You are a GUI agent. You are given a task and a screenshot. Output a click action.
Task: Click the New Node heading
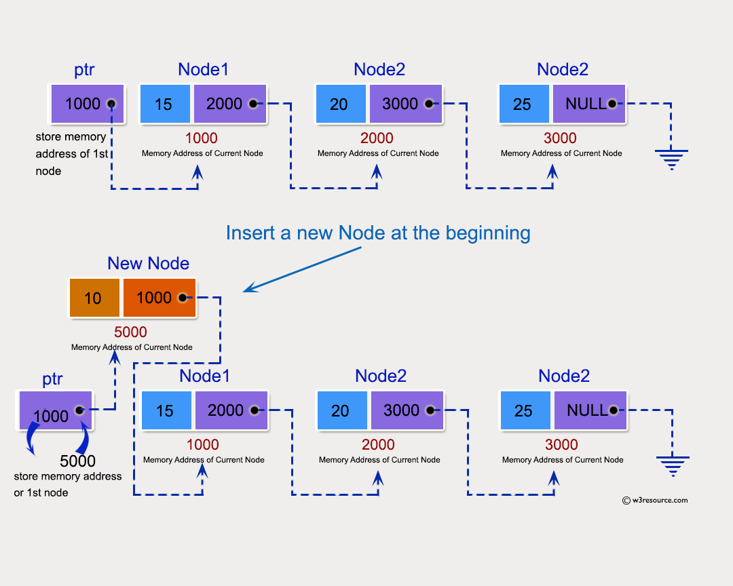148,263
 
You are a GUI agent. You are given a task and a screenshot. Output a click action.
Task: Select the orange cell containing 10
94,298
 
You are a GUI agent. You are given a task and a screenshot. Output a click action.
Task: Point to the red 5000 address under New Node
130,332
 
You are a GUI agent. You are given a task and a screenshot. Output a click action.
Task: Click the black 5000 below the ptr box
77,462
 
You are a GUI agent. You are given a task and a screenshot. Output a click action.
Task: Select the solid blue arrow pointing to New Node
302,269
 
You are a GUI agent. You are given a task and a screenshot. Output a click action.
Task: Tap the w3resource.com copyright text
655,501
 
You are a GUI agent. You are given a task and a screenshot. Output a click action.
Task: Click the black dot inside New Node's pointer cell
182,298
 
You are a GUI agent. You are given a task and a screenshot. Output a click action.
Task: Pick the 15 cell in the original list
165,104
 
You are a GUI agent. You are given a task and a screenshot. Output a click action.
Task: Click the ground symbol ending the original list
672,159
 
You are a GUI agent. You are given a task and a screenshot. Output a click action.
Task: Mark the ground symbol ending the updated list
673,465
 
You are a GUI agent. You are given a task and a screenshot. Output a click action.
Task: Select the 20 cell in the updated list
341,410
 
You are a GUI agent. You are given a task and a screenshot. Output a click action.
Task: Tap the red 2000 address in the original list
377,138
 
